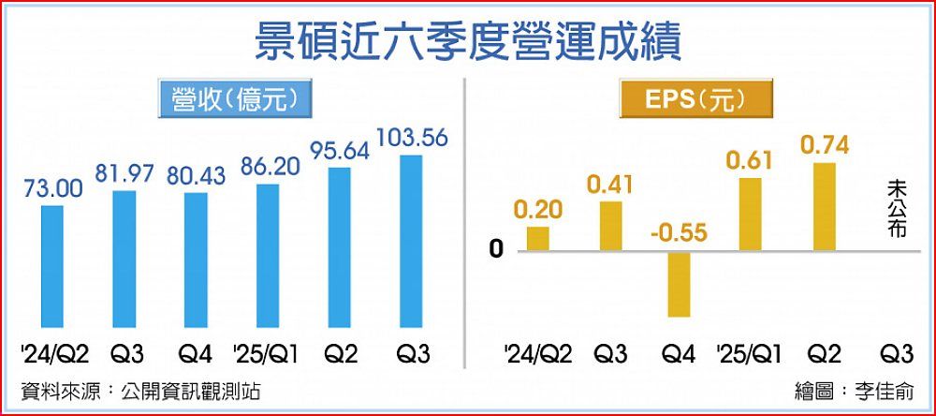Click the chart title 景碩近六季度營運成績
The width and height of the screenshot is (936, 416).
tap(467, 42)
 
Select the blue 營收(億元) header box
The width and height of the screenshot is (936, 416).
tap(234, 99)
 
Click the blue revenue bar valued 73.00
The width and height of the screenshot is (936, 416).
tap(53, 266)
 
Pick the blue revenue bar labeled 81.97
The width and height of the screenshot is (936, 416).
tap(124, 259)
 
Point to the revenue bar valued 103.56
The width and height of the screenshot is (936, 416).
tap(412, 241)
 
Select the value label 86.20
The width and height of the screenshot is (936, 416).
tap(267, 167)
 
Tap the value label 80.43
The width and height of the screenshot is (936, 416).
tap(196, 174)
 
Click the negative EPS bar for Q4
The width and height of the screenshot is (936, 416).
tap(679, 284)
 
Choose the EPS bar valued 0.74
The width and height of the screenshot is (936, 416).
tap(824, 206)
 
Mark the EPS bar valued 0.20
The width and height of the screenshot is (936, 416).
tap(537, 238)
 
